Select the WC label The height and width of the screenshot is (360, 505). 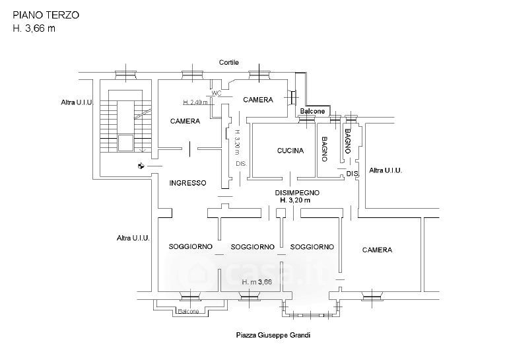[x=217, y=94]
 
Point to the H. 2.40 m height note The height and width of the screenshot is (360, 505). [x=195, y=102]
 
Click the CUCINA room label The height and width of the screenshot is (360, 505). [x=290, y=151]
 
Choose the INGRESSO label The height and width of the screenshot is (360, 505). [x=187, y=183]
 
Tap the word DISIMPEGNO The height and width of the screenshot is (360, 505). [x=298, y=192]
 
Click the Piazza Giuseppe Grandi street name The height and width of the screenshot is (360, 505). [x=273, y=335]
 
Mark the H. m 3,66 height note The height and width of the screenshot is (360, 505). [x=257, y=282]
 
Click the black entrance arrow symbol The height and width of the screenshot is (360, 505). [x=141, y=166]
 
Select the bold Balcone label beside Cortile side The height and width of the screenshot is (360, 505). [x=312, y=112]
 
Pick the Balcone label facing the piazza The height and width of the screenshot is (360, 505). [x=190, y=312]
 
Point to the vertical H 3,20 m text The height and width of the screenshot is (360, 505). [x=236, y=141]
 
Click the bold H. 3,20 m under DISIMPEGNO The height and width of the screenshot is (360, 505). [x=298, y=199]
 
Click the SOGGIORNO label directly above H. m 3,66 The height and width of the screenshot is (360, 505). [x=252, y=247]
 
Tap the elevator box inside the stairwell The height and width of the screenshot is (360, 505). [x=124, y=141]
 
